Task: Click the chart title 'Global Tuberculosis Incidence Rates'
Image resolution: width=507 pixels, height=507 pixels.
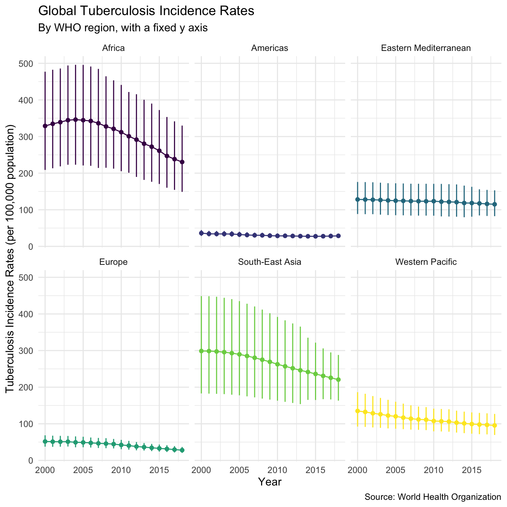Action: point(146,11)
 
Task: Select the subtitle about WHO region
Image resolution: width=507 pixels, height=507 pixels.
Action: point(123,28)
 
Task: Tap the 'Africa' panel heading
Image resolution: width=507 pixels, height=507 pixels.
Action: point(113,48)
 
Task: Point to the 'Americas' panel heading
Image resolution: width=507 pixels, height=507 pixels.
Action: point(269,48)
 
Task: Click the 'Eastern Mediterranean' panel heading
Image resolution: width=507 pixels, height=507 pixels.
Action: point(426,48)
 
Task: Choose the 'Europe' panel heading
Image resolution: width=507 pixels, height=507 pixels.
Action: point(113,262)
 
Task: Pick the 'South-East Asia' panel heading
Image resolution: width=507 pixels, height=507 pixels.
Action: point(269,262)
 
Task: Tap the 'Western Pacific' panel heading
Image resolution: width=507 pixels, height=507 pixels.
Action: point(426,262)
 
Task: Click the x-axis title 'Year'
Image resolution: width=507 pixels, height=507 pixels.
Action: point(270,482)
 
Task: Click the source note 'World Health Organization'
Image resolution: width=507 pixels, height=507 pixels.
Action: point(433,497)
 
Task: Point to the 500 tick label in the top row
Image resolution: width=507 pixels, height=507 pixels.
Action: point(26,63)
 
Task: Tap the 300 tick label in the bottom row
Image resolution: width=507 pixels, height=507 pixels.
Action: point(26,351)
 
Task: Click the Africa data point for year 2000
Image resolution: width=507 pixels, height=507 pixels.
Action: point(45,126)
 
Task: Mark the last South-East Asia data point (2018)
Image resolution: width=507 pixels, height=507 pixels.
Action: point(338,379)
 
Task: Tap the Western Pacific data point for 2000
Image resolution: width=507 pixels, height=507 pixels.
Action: point(358,411)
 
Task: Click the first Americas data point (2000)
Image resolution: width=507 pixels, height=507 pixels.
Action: point(201,233)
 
